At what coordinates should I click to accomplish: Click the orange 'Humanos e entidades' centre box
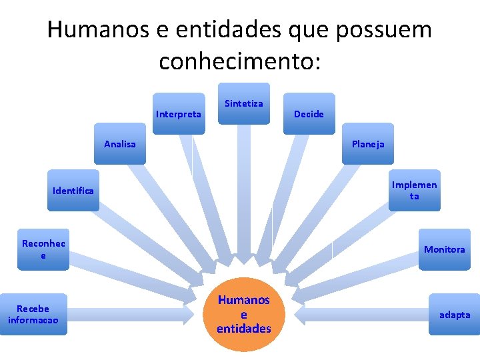pos(243,314)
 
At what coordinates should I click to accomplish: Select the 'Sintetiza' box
pos(244,103)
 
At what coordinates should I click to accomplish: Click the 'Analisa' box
pos(120,143)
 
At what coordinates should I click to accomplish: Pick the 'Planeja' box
pos(368,143)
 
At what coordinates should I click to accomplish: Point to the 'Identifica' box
pos(73,191)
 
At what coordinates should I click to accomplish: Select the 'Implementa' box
pos(415,190)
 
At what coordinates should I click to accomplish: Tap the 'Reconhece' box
pos(43,249)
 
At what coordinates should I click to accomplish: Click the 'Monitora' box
pos(445,249)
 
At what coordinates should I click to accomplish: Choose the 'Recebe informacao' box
pos(33,314)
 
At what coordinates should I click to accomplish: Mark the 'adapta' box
pos(454,314)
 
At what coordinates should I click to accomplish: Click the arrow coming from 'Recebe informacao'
pos(133,314)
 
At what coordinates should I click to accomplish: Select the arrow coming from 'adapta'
pos(360,314)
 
